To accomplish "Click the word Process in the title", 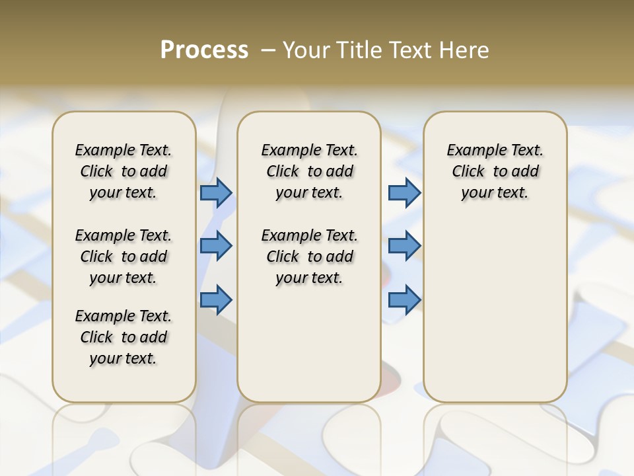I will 204,50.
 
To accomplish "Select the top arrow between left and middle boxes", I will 216,192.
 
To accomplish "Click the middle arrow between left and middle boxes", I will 216,246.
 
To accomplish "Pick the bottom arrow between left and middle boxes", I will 216,300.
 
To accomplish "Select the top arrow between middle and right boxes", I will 404,192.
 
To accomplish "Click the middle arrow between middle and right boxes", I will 404,246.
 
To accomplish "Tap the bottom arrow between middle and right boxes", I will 404,300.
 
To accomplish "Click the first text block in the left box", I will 123,171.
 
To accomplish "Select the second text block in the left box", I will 123,257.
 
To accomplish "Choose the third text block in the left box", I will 123,337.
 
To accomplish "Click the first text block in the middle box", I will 309,171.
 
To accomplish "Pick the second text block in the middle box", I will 309,257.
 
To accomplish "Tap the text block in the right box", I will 495,171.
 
